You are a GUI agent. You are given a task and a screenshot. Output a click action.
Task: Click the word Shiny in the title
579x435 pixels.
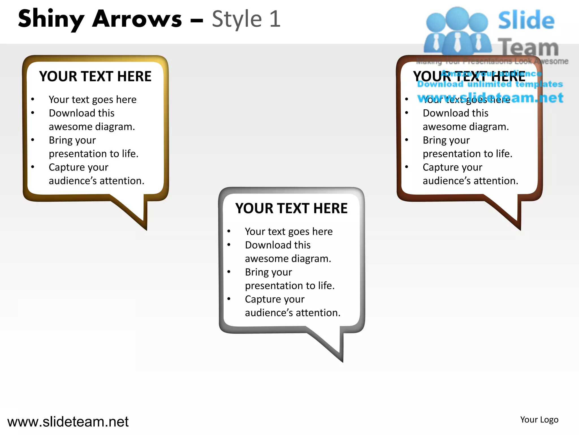(x=51, y=19)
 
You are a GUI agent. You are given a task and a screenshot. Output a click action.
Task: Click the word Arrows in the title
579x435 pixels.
(x=137, y=19)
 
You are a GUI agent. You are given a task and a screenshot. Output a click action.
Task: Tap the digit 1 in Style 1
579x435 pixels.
(x=275, y=19)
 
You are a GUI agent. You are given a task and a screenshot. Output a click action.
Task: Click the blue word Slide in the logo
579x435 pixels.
(x=526, y=20)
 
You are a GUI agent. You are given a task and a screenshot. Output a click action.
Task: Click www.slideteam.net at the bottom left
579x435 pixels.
(x=68, y=422)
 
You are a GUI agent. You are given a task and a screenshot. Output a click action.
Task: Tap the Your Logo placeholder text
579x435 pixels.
(x=539, y=419)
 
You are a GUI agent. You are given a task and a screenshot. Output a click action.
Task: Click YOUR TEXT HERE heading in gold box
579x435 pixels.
(x=95, y=76)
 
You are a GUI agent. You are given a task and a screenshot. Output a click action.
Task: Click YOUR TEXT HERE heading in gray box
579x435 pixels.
(x=291, y=208)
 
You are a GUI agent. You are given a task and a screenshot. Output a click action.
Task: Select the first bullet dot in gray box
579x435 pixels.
(x=229, y=231)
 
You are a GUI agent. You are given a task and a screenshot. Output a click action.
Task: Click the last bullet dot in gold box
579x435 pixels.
(x=33, y=167)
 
